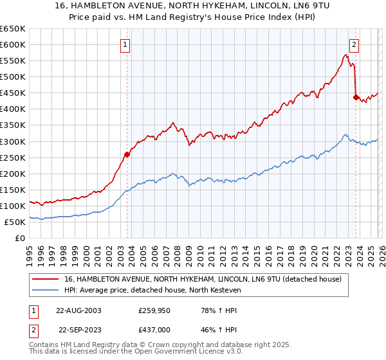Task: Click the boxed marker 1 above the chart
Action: point(126,44)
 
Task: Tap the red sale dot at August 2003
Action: point(127,154)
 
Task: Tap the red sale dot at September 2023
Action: point(356,97)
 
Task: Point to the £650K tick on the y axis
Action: point(13,29)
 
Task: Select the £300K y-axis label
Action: point(13,141)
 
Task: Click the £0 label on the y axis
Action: point(21,238)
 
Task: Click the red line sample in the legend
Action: point(46,279)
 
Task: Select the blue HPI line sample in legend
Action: point(46,291)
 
